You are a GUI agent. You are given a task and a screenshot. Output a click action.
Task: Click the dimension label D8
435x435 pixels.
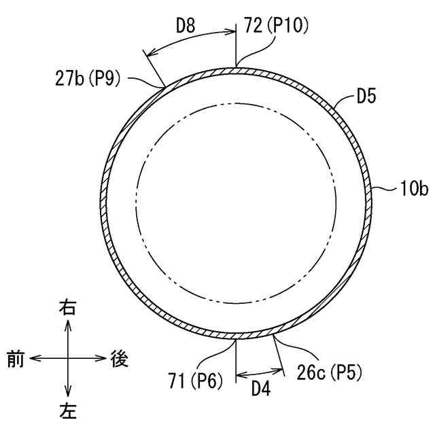pyautogui.click(x=186, y=27)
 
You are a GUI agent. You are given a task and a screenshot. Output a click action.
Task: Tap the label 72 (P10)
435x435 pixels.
pyautogui.click(x=276, y=27)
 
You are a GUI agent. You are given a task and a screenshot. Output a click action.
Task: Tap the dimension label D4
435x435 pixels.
pyautogui.click(x=260, y=389)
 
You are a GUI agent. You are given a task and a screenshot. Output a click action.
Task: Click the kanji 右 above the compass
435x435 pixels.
pyautogui.click(x=68, y=309)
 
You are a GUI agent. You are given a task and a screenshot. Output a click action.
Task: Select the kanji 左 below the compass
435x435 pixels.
pyautogui.click(x=68, y=411)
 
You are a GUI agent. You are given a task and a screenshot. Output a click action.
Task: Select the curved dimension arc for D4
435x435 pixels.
pyautogui.click(x=260, y=375)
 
